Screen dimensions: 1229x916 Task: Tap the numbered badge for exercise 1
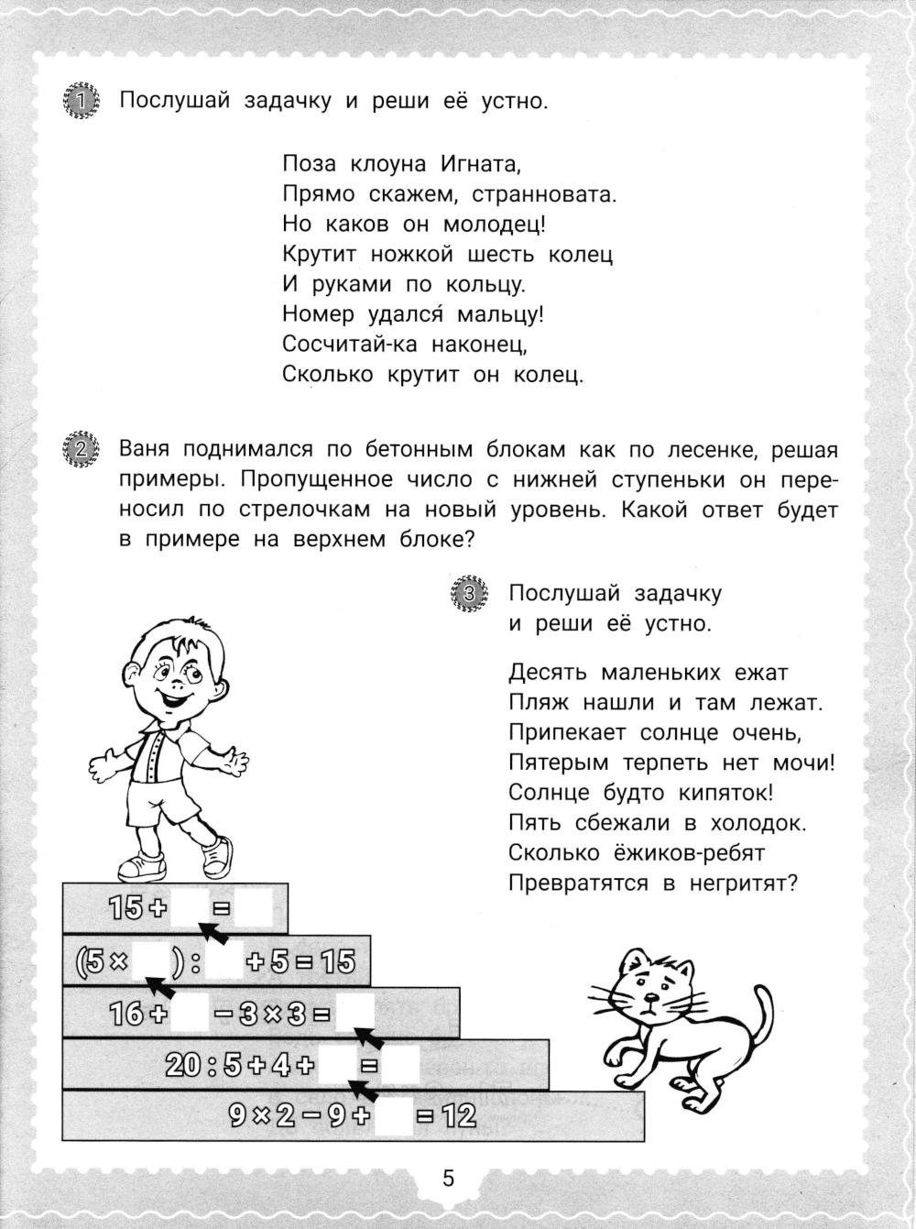pyautogui.click(x=81, y=101)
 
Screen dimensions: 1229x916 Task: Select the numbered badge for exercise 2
pyautogui.click(x=81, y=450)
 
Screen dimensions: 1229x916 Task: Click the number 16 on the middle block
pyautogui.click(x=127, y=1014)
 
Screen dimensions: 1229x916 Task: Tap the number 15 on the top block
pyautogui.click(x=126, y=908)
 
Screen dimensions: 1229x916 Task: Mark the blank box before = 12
pyautogui.click(x=395, y=1116)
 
